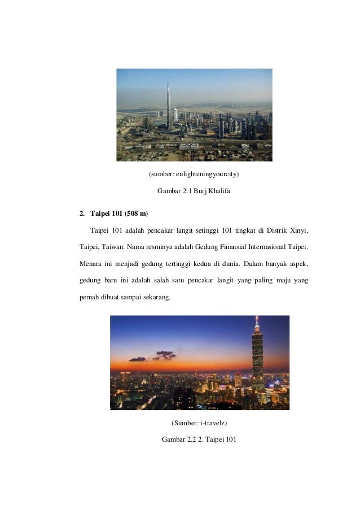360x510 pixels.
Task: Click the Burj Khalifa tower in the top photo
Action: pyautogui.click(x=168, y=107)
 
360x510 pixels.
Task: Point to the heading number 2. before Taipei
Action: pyautogui.click(x=82, y=213)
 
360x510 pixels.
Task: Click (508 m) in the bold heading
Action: pyautogui.click(x=135, y=213)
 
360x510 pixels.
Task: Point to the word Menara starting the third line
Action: pyautogui.click(x=90, y=264)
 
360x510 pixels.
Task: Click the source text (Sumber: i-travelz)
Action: pyautogui.click(x=194, y=422)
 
